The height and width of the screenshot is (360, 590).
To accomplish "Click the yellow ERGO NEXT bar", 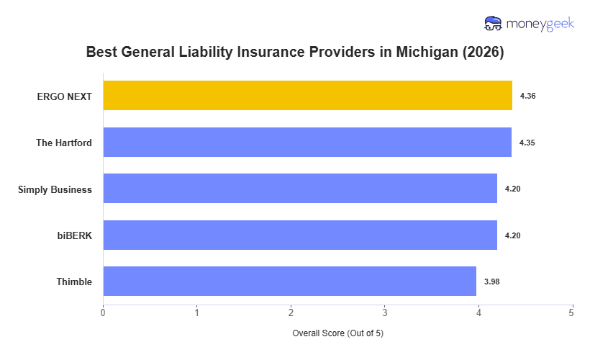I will point(307,96).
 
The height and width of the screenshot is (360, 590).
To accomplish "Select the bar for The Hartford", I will point(307,143).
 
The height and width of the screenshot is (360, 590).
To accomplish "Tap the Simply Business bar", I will point(300,189).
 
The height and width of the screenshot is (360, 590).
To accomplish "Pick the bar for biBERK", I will point(300,235).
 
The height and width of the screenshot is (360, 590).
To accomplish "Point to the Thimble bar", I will point(289,282).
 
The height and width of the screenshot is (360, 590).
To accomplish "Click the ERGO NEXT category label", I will point(65,96).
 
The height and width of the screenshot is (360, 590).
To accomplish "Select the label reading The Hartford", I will point(64,143).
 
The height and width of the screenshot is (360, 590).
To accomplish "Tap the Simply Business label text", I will point(55,189).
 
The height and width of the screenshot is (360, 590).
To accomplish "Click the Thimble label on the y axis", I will point(74,282).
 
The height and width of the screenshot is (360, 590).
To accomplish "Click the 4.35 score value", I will point(527,143).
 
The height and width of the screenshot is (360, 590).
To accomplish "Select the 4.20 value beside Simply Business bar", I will point(512,189).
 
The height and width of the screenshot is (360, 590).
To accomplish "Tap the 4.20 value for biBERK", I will point(512,235).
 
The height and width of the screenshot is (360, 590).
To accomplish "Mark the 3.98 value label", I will point(491,282).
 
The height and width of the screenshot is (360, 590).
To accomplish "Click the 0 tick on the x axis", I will point(103,312).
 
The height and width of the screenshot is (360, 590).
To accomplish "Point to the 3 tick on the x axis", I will point(384,312).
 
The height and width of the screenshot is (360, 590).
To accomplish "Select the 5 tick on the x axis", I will point(572,312).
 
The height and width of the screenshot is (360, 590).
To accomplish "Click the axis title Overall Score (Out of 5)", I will point(337,334).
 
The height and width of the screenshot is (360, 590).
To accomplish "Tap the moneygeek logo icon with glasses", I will point(494,24).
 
